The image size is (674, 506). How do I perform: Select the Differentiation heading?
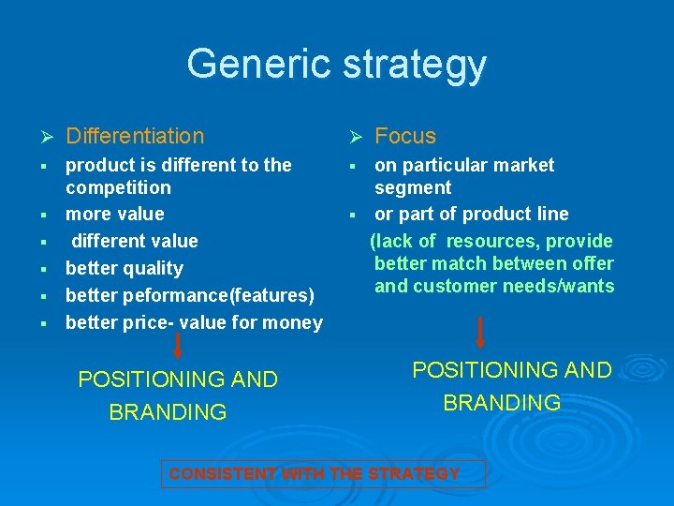coord(135,137)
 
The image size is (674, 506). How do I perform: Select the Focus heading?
coord(405,137)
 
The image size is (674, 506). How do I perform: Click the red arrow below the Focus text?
coord(480,334)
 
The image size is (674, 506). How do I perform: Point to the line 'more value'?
coord(114,214)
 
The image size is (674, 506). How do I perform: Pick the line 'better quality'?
coord(124,268)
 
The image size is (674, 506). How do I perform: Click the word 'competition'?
coord(118,187)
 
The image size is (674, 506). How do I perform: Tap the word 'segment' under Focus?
coord(413,187)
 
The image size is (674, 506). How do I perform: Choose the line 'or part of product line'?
coord(471,214)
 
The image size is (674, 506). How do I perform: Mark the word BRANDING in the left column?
coord(168,412)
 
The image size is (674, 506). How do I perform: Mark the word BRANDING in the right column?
coord(502,403)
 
